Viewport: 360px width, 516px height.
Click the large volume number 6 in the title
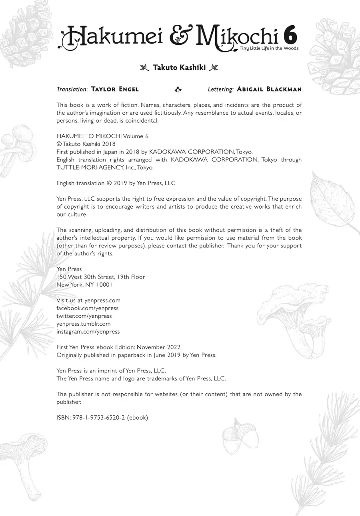290,36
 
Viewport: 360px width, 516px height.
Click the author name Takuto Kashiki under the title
179,68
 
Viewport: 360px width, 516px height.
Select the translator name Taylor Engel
115,89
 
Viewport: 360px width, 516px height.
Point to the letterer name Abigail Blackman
269,89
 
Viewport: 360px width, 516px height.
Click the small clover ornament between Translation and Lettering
178,90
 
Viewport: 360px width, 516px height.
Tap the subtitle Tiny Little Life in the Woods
269,48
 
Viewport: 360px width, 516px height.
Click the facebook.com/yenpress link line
87,308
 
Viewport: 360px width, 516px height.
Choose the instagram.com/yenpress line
88,332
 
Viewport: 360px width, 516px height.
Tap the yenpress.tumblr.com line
83,324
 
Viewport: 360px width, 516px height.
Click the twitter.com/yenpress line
84,316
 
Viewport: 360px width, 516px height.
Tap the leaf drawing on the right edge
333,202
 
